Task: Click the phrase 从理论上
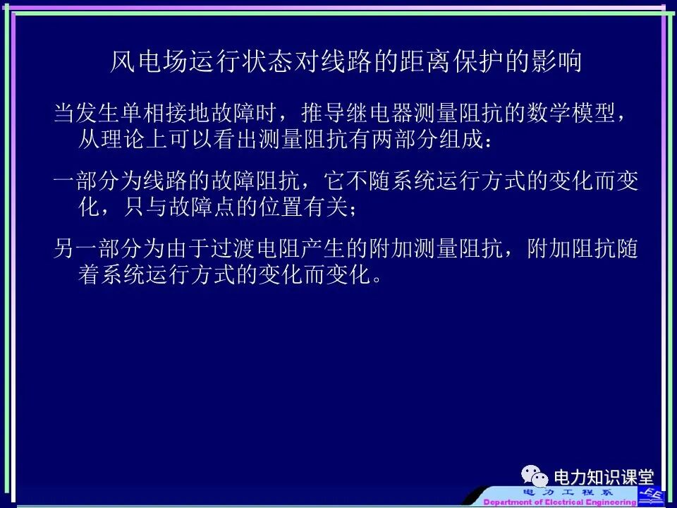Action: [123, 139]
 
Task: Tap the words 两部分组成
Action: [428, 139]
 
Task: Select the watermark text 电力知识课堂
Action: [604, 478]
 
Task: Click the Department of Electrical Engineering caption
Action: [560, 502]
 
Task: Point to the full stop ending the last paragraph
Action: [379, 277]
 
